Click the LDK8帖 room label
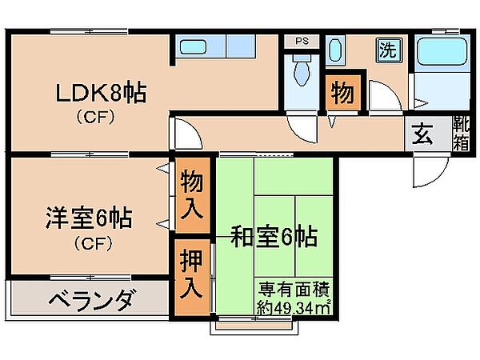[x=101, y=92]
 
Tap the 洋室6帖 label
[x=89, y=218]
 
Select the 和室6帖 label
[x=274, y=236]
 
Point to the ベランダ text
[x=91, y=300]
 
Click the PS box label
[x=302, y=41]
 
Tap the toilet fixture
[x=302, y=71]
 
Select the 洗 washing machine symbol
[x=389, y=50]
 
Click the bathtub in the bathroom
[x=442, y=51]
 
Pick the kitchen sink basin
[x=193, y=47]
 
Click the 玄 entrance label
[x=422, y=134]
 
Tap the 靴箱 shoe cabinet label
[x=461, y=133]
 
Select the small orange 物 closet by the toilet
[x=342, y=92]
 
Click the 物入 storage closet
[x=192, y=195]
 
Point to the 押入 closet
[x=192, y=278]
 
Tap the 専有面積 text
[x=294, y=289]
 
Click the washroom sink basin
[x=335, y=50]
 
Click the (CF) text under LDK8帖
[x=95, y=117]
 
